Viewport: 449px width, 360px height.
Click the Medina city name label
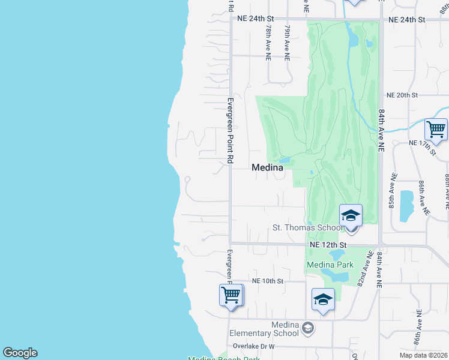pyautogui.click(x=267, y=168)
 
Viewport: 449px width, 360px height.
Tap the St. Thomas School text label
pyautogui.click(x=307, y=227)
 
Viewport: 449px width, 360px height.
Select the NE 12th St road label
pyautogui.click(x=328, y=245)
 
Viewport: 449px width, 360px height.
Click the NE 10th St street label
pyautogui.click(x=267, y=281)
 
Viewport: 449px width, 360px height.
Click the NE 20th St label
pyautogui.click(x=402, y=95)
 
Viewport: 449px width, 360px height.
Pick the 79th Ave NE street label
pyautogui.click(x=288, y=42)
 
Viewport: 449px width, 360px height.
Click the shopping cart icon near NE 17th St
pyautogui.click(x=436, y=128)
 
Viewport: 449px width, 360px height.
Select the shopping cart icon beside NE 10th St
pyautogui.click(x=231, y=295)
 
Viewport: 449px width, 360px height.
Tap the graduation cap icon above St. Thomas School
pyautogui.click(x=351, y=215)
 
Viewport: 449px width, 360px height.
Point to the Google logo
pyautogui.click(x=20, y=353)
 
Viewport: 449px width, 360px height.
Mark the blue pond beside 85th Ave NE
pyautogui.click(x=406, y=203)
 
